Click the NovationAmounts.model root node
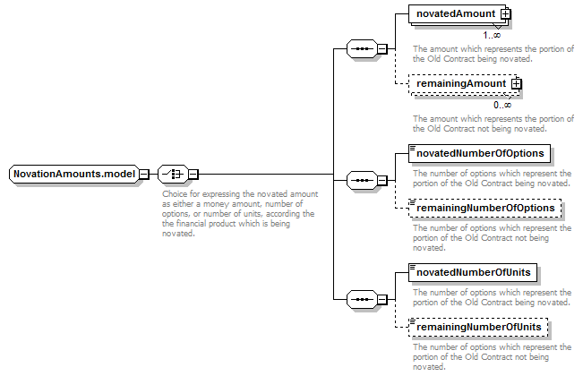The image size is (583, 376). point(74,174)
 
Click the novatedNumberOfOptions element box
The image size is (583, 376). point(479,153)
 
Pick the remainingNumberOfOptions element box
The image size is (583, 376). point(484,208)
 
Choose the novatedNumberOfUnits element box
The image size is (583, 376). point(473,273)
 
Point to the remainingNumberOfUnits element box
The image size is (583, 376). point(478,328)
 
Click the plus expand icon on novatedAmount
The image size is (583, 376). point(506,14)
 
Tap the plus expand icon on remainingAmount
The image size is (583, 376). point(517,84)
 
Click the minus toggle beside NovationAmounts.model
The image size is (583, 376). point(144,174)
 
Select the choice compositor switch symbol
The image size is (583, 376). point(173,174)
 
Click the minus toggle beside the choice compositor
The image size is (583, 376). point(193,174)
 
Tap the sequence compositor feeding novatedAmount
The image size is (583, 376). point(362,48)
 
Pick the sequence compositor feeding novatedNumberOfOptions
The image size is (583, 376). point(362,181)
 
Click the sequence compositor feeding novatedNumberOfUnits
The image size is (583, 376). point(362,300)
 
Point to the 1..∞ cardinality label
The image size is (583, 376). point(492,35)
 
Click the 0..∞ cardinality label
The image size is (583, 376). point(502,105)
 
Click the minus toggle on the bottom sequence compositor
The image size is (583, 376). point(382,300)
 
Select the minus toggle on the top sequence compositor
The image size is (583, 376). point(382,48)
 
